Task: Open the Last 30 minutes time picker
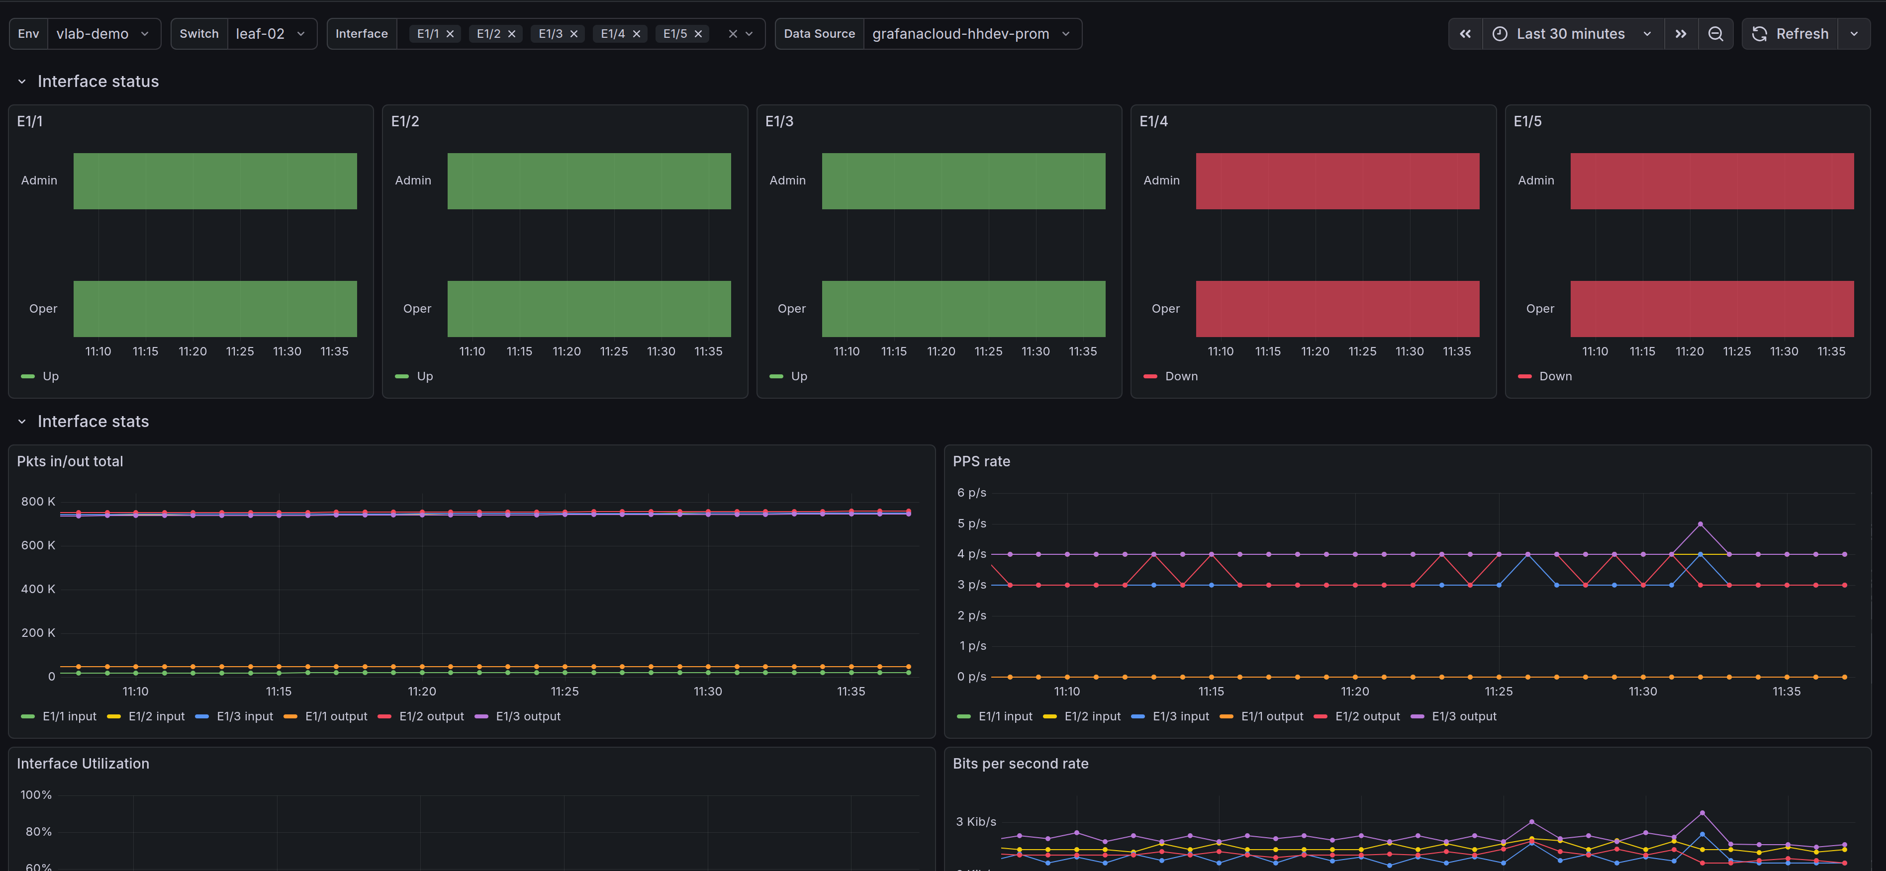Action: pyautogui.click(x=1571, y=34)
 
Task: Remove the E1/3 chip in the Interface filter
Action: pyautogui.click(x=574, y=34)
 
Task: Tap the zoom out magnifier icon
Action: pyautogui.click(x=1715, y=34)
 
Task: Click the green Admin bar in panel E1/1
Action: pyautogui.click(x=214, y=181)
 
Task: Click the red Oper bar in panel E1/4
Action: pyautogui.click(x=1337, y=309)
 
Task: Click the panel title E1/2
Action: pyautogui.click(x=405, y=121)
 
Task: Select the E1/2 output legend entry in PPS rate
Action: pyautogui.click(x=1366, y=716)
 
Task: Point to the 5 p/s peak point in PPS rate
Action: pyautogui.click(x=1700, y=524)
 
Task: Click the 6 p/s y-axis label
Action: pyautogui.click(x=971, y=493)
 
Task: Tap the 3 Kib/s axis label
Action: pyautogui.click(x=975, y=822)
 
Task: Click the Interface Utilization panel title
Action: pyautogui.click(x=83, y=764)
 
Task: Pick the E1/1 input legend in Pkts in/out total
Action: pyautogui.click(x=69, y=716)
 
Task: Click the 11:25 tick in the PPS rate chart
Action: pyautogui.click(x=1498, y=692)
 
